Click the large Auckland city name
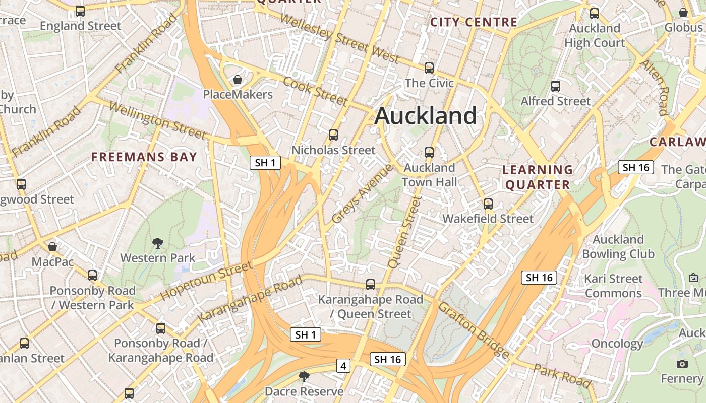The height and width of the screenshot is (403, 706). coord(426,116)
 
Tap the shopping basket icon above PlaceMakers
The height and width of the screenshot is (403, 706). coord(238,80)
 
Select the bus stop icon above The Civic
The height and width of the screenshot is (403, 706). coord(429,68)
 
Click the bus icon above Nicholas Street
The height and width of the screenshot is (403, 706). coord(333,135)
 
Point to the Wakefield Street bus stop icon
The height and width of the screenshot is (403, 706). coord(488,204)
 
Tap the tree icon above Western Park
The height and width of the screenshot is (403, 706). coord(158,243)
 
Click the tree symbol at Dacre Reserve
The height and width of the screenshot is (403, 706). coord(304,376)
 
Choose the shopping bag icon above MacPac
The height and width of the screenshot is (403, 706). coord(52,247)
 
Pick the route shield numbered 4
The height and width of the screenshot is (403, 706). coord(343,366)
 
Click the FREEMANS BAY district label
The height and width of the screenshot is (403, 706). coord(144,157)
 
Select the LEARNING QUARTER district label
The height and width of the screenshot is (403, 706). coord(538,177)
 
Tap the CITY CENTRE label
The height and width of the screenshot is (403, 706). coord(474,22)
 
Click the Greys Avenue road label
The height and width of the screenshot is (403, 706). coord(362,193)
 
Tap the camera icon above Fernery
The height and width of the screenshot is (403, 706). coord(682,364)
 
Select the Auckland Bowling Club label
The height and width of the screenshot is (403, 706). coord(618,246)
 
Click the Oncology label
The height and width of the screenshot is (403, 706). coord(617,344)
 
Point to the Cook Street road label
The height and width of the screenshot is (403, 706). coord(315,91)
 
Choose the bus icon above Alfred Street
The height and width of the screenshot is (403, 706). coord(556,86)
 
